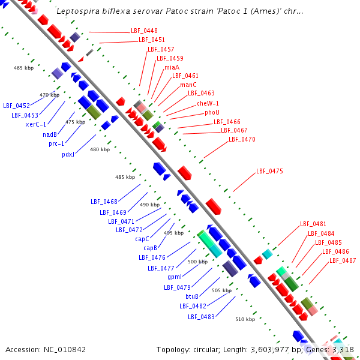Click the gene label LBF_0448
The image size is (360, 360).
point(144,31)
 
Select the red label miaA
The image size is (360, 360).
point(172,67)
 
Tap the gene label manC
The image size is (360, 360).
point(188,85)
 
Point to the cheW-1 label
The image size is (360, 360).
point(208,103)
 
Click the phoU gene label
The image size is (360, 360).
point(212,112)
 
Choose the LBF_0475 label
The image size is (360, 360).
point(269,171)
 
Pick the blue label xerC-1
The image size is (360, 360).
point(36,124)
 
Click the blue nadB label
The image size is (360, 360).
point(50,134)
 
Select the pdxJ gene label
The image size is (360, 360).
point(68,154)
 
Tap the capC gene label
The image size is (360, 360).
point(142,238)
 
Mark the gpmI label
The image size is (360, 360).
point(175,277)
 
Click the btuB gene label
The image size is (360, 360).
point(192,296)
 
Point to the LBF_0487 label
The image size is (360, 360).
point(343,260)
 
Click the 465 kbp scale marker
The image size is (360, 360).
point(23,68)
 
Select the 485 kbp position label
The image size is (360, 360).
point(125,177)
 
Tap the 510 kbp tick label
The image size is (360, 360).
point(245,319)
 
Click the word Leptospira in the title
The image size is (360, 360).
point(76,11)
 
